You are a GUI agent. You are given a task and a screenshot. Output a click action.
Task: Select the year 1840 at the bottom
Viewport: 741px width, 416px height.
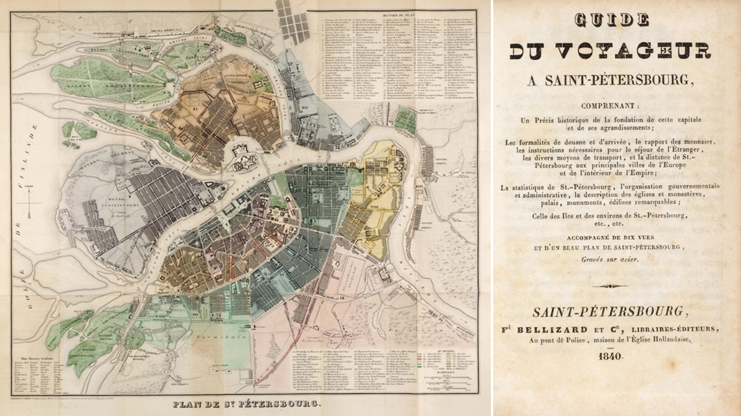pyautogui.click(x=610, y=356)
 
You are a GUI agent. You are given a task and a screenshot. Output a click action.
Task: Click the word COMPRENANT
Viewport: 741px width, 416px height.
pyautogui.click(x=610, y=106)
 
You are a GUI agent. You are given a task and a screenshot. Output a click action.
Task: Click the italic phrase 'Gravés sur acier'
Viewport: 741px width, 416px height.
pyautogui.click(x=610, y=259)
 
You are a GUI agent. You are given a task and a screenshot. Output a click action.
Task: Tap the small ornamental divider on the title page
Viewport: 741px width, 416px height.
pyautogui.click(x=610, y=286)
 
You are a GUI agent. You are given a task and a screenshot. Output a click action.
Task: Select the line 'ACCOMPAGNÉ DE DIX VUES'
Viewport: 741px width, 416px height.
pyautogui.click(x=610, y=237)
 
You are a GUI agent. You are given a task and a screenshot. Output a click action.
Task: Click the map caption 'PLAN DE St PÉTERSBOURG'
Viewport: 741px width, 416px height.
pyautogui.click(x=246, y=404)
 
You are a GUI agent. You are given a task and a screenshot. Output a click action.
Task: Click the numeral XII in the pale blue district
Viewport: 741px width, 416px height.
pyautogui.click(x=305, y=106)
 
